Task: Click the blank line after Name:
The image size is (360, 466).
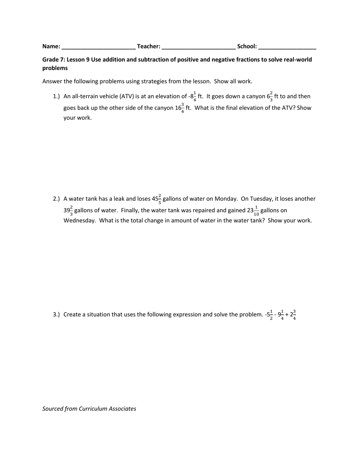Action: point(98,47)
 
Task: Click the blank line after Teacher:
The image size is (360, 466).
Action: point(198,47)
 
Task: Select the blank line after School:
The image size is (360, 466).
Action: point(287,47)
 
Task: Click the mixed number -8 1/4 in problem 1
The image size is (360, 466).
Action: point(192,96)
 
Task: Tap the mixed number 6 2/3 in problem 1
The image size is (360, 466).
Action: point(270,96)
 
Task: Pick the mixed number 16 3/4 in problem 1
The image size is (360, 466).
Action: point(180,108)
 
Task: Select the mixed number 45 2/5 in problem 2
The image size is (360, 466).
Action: point(157,199)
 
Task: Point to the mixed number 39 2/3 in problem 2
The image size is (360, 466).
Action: point(68,210)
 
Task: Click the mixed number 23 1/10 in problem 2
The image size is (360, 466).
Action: point(253,210)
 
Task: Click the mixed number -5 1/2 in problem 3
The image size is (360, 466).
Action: point(269,314)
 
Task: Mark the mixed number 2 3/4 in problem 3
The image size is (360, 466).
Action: point(293,314)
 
